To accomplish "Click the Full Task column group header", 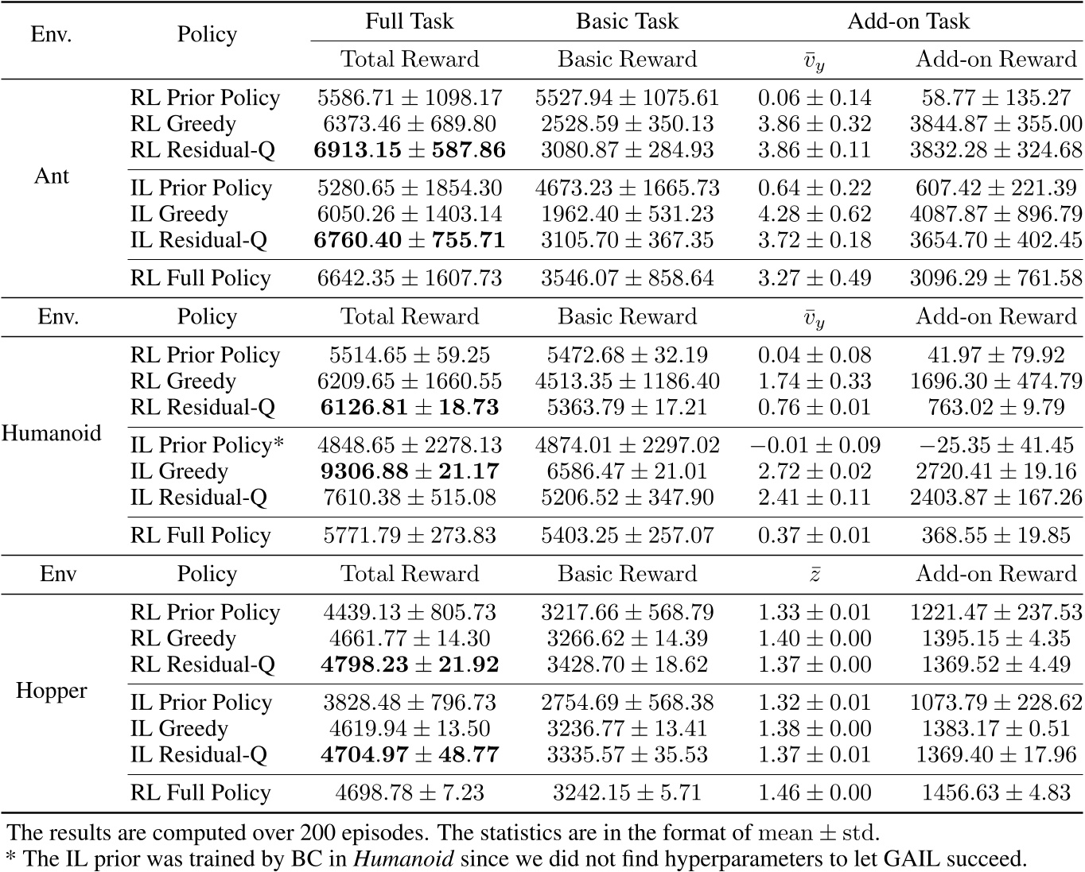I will (x=409, y=21).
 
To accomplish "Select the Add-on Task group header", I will (x=908, y=21).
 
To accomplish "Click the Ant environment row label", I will (x=52, y=176).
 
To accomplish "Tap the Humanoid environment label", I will (x=52, y=433).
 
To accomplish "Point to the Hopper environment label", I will (x=52, y=691).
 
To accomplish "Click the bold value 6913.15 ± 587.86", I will (x=410, y=150).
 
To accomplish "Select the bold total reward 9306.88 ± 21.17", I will (x=410, y=471).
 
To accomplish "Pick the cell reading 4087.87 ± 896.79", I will (x=996, y=215).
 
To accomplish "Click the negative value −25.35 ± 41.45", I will (x=996, y=445).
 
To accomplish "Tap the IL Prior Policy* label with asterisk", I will (x=207, y=445).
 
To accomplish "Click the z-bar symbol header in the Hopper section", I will (x=815, y=575).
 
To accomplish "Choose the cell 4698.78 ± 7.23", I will (x=410, y=793).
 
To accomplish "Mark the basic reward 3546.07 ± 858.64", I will (x=628, y=278).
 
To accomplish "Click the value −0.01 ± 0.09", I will (x=815, y=445).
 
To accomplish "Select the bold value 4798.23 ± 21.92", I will (x=410, y=665).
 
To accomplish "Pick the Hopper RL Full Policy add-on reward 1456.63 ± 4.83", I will (x=996, y=793).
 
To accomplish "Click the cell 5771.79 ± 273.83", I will (x=410, y=536).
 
